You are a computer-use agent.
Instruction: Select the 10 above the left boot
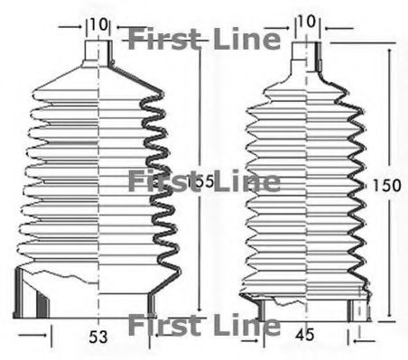pos(98,22)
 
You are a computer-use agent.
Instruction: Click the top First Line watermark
pos(203,40)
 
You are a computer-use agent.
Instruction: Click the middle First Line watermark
pos(203,181)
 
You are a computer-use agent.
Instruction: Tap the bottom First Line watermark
pos(203,325)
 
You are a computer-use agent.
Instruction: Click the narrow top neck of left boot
pos(97,51)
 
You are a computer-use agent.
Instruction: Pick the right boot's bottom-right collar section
pos(360,309)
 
